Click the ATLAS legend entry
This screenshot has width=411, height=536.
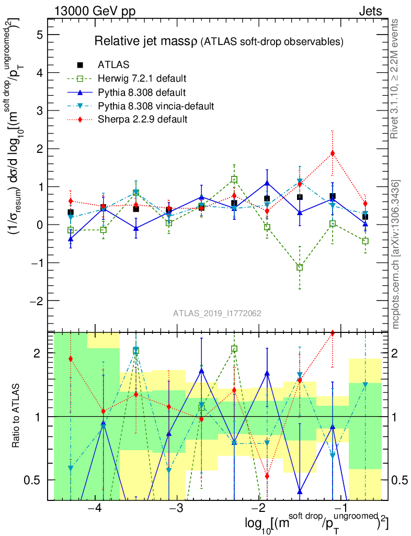[114, 65]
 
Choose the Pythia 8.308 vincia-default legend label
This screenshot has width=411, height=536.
[156, 106]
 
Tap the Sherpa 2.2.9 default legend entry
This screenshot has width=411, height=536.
[143, 120]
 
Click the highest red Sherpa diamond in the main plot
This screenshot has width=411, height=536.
[332, 153]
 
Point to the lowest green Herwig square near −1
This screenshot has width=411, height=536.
[300, 267]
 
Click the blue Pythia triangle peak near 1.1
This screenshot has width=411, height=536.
[267, 183]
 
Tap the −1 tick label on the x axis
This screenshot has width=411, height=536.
[341, 509]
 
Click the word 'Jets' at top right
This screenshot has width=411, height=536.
[370, 11]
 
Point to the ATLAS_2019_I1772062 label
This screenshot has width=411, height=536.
[217, 314]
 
